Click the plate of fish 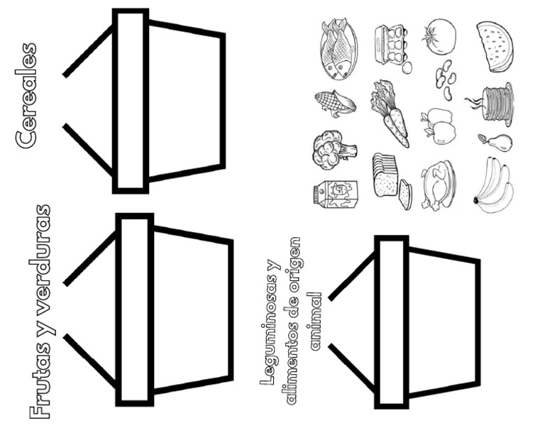(x=338, y=49)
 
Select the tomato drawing (x=439, y=36)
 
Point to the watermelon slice (x=495, y=47)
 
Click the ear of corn (x=335, y=103)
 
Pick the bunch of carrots (x=390, y=114)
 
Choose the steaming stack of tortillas (x=491, y=104)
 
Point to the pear (x=495, y=143)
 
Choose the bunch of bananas (x=494, y=185)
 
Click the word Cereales (x=26, y=96)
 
